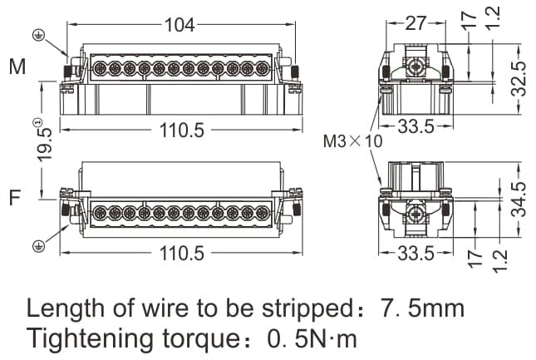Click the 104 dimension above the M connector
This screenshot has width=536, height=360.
(x=179, y=25)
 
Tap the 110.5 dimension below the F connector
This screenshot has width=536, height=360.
(x=181, y=254)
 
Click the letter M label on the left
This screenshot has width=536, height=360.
(x=17, y=67)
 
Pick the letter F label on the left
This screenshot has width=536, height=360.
(x=15, y=198)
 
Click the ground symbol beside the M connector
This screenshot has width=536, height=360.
(x=37, y=35)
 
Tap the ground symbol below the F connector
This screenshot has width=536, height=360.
(x=37, y=245)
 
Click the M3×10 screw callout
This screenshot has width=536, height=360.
(x=352, y=141)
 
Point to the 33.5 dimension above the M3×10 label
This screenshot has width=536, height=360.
(x=416, y=126)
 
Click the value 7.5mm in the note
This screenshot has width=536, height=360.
(x=422, y=308)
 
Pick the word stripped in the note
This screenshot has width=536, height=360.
(x=301, y=309)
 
